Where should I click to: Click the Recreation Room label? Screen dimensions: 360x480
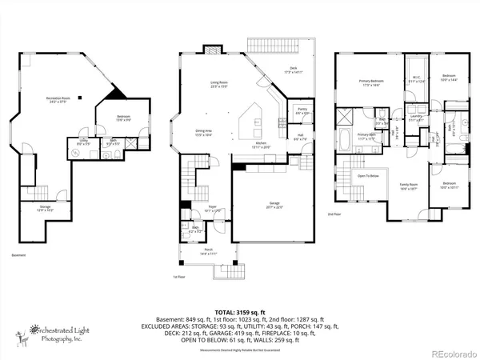click(54, 99)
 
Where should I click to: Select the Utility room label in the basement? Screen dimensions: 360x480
click(82, 143)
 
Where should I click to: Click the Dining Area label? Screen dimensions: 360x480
click(203, 133)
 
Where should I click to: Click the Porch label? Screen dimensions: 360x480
click(208, 252)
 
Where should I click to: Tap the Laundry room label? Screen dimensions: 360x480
click(415, 117)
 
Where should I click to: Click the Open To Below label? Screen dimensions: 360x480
click(368, 175)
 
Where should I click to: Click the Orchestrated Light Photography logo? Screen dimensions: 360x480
click(56, 331)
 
